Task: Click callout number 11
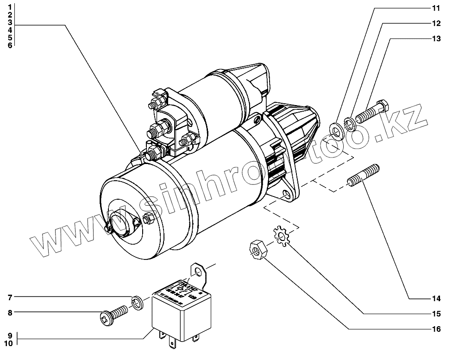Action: pyautogui.click(x=436, y=8)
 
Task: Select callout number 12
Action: pyautogui.click(x=436, y=23)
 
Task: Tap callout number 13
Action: pyautogui.click(x=436, y=38)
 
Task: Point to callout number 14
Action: pyautogui.click(x=436, y=299)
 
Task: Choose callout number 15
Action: pyautogui.click(x=436, y=314)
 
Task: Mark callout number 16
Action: pyautogui.click(x=436, y=329)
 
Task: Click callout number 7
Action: pyautogui.click(x=10, y=297)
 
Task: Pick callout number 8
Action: pyautogui.click(x=10, y=313)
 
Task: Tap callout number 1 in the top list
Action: pyautogui.click(x=10, y=7)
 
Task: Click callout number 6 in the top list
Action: pyautogui.click(x=10, y=45)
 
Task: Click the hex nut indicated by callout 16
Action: pyautogui.click(x=256, y=250)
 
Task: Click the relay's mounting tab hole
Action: pyautogui.click(x=198, y=271)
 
